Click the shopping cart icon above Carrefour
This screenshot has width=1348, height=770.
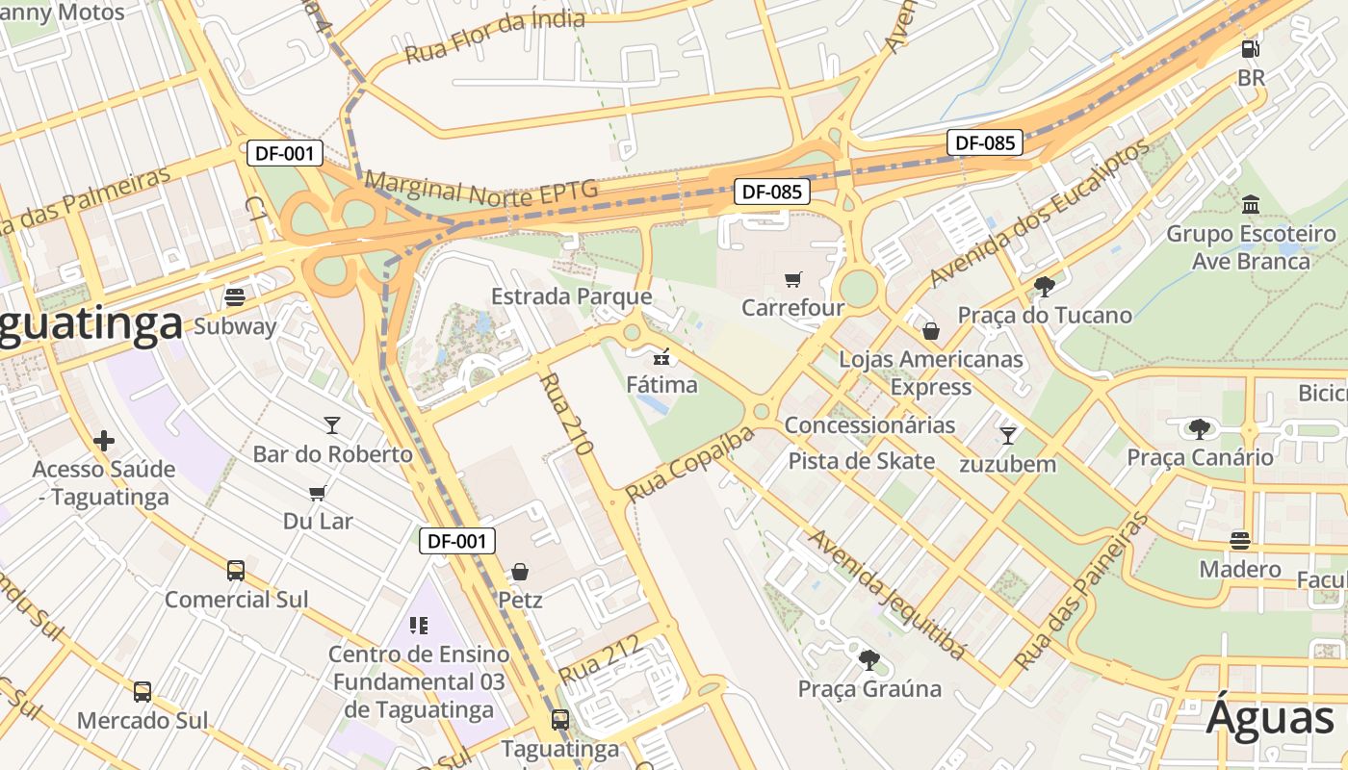(792, 280)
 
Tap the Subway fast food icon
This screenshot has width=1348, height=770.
(235, 296)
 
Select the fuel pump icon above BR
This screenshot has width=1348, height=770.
(1250, 48)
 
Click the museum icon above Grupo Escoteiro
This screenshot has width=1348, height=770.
(1251, 204)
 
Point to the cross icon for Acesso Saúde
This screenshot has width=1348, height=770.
(104, 441)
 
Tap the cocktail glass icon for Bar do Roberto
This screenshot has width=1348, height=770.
(332, 424)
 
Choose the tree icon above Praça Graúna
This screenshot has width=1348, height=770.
(868, 660)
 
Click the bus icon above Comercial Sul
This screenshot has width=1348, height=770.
(236, 570)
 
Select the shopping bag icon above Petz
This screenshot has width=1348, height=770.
(520, 572)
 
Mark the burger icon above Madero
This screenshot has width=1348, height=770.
(1240, 540)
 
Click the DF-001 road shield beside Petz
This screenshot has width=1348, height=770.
(457, 541)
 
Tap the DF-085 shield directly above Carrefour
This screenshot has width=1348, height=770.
(771, 192)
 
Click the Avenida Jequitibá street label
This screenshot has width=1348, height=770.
(886, 594)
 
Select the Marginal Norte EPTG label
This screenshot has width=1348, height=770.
(480, 189)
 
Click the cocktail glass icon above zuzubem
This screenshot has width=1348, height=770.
(1007, 435)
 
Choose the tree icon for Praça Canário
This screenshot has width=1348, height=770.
(1199, 428)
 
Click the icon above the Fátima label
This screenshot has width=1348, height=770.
(661, 358)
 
